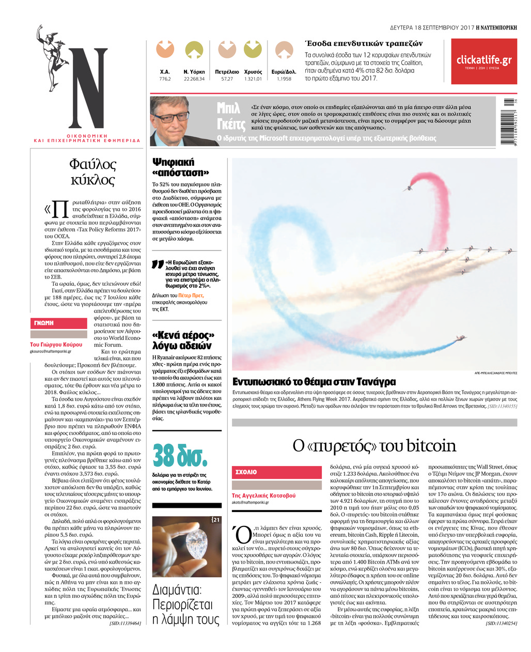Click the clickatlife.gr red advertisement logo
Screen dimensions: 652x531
(483, 60)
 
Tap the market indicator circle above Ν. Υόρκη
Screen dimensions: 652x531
(194, 50)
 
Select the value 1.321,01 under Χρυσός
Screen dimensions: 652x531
(253, 79)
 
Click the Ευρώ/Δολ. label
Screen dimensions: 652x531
(284, 72)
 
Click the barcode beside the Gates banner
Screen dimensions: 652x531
(509, 122)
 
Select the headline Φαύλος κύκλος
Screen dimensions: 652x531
(92, 172)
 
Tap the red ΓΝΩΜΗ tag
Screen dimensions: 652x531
(58, 323)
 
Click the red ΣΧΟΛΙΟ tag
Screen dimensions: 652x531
(277, 472)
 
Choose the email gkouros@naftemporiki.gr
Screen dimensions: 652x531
(51, 351)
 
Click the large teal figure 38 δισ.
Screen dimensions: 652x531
(180, 456)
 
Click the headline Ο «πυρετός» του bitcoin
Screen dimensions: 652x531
(374, 446)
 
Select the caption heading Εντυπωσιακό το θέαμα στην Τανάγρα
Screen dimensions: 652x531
(314, 382)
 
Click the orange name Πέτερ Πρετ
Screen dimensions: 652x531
(192, 296)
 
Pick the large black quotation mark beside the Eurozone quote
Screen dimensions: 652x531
(158, 265)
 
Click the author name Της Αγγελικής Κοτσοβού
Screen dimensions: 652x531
(263, 495)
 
